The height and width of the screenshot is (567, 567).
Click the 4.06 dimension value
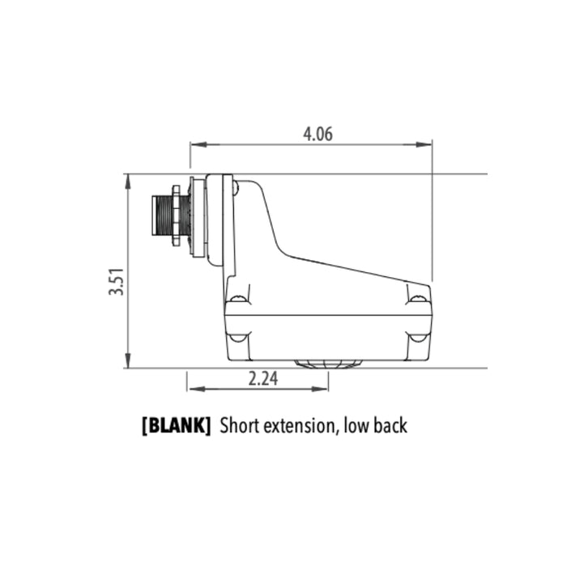tap(318, 134)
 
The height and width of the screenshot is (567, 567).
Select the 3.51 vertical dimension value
tap(117, 282)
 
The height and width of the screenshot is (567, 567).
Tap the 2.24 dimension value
tap(263, 379)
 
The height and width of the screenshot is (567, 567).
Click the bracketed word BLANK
tap(176, 425)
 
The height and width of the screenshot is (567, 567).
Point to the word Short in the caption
tap(240, 425)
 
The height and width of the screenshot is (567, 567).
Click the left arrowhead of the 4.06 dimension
tap(199, 145)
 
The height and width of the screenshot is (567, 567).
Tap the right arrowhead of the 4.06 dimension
tap(424, 145)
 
